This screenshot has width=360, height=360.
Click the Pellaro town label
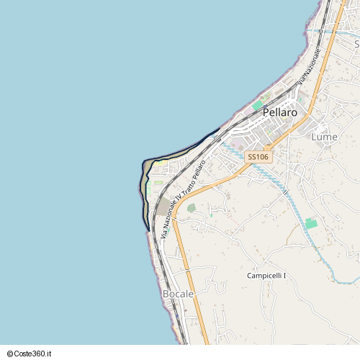(280, 113)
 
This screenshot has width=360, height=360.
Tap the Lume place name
(324, 136)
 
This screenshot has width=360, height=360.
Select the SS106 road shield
(258, 156)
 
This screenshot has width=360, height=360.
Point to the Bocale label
(179, 294)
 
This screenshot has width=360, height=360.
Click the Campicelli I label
(266, 276)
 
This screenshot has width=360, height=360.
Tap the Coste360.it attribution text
(35, 354)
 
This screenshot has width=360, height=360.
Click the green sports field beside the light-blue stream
(311, 224)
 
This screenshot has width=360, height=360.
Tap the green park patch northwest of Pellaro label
(257, 105)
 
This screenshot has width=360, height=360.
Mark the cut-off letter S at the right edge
(356, 44)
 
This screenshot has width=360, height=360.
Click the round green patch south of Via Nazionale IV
(192, 208)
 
